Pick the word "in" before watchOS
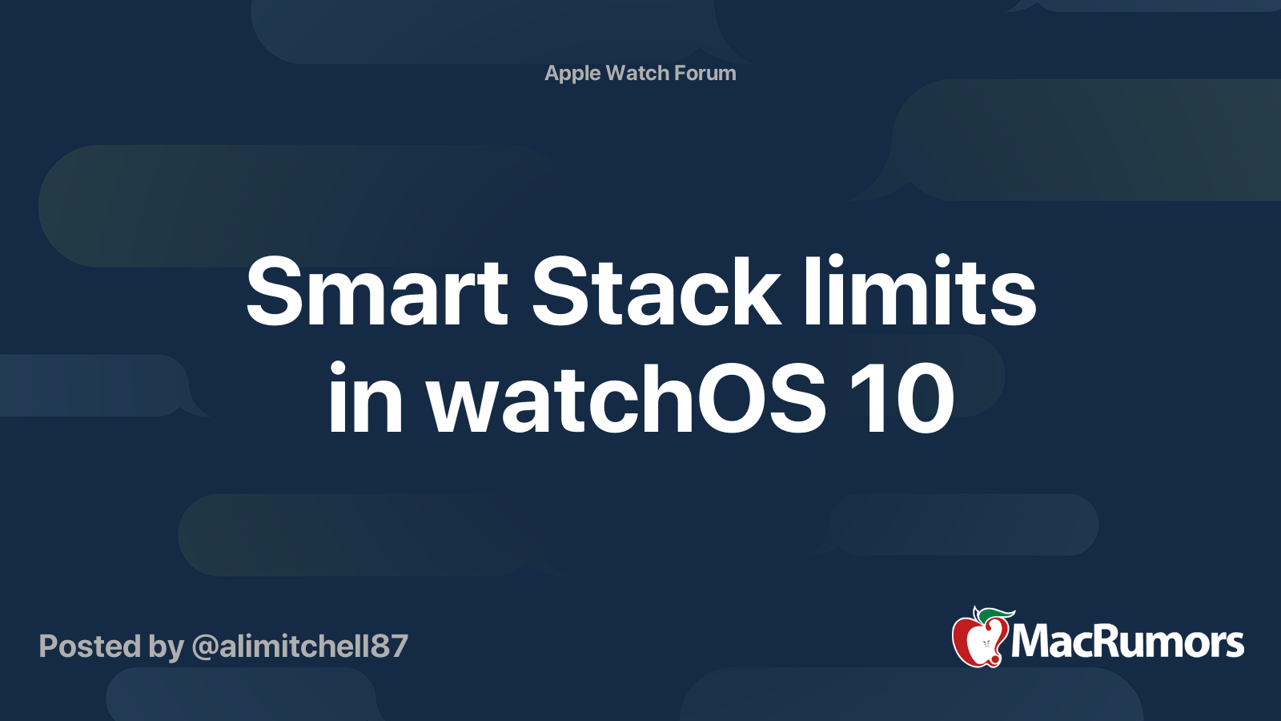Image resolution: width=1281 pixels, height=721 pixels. (x=365, y=399)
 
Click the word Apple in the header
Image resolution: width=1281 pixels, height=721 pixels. (x=572, y=74)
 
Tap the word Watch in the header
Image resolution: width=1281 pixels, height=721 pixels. (x=637, y=74)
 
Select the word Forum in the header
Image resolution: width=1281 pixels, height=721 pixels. (x=705, y=74)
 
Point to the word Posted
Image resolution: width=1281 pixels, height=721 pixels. (x=90, y=646)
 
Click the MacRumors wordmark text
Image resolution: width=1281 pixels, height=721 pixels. (x=1127, y=642)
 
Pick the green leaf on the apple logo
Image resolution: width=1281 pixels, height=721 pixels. (x=996, y=614)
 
